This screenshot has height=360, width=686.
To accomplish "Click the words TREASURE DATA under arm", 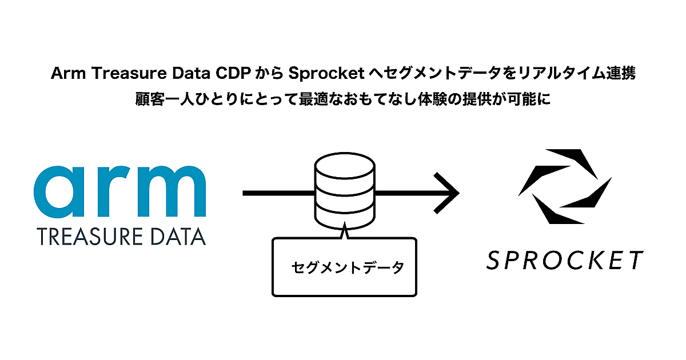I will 121,236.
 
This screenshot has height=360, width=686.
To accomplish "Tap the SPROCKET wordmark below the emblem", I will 565,261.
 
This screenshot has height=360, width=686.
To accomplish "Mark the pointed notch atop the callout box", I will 344,232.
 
